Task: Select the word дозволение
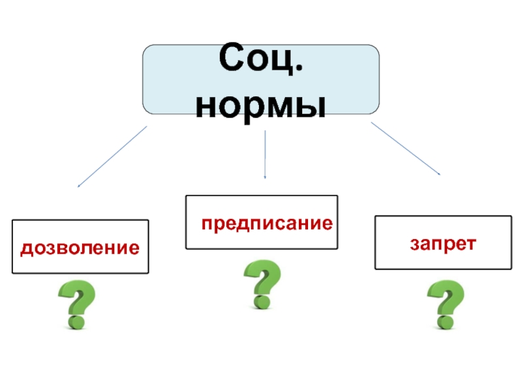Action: pyautogui.click(x=80, y=248)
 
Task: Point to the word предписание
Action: pyautogui.click(x=267, y=224)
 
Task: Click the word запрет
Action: pyautogui.click(x=443, y=243)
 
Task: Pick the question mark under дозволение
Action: pyautogui.click(x=76, y=304)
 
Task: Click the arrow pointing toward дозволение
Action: pyautogui.click(x=112, y=156)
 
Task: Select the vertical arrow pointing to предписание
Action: pyautogui.click(x=265, y=154)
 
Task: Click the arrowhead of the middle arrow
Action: pyautogui.click(x=265, y=176)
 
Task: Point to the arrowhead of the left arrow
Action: pyautogui.click(x=79, y=186)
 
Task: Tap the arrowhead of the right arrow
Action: pyautogui.click(x=438, y=174)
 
